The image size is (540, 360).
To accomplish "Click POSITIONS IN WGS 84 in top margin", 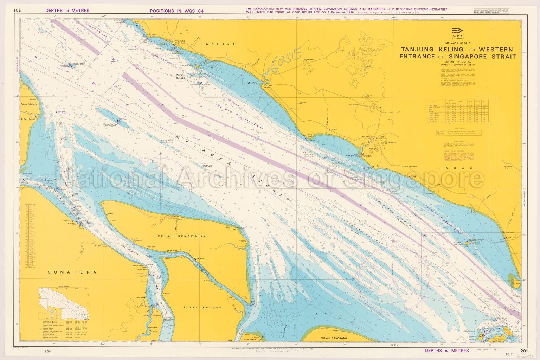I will [x=176, y=11].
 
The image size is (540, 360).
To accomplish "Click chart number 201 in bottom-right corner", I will [x=524, y=351].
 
